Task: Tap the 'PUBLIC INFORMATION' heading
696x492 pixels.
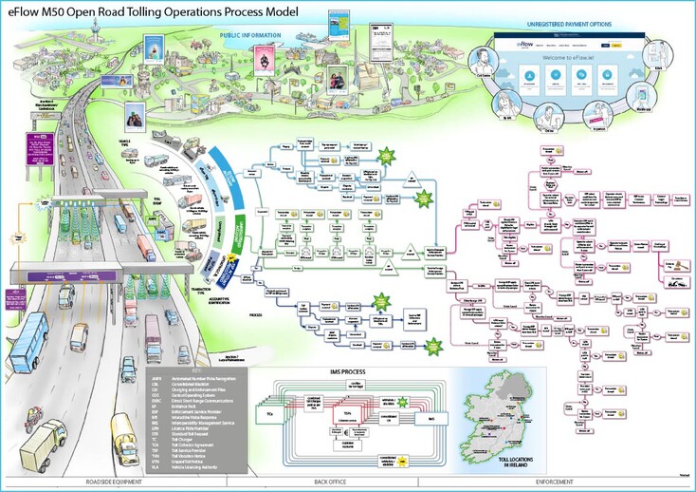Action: tap(250, 35)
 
